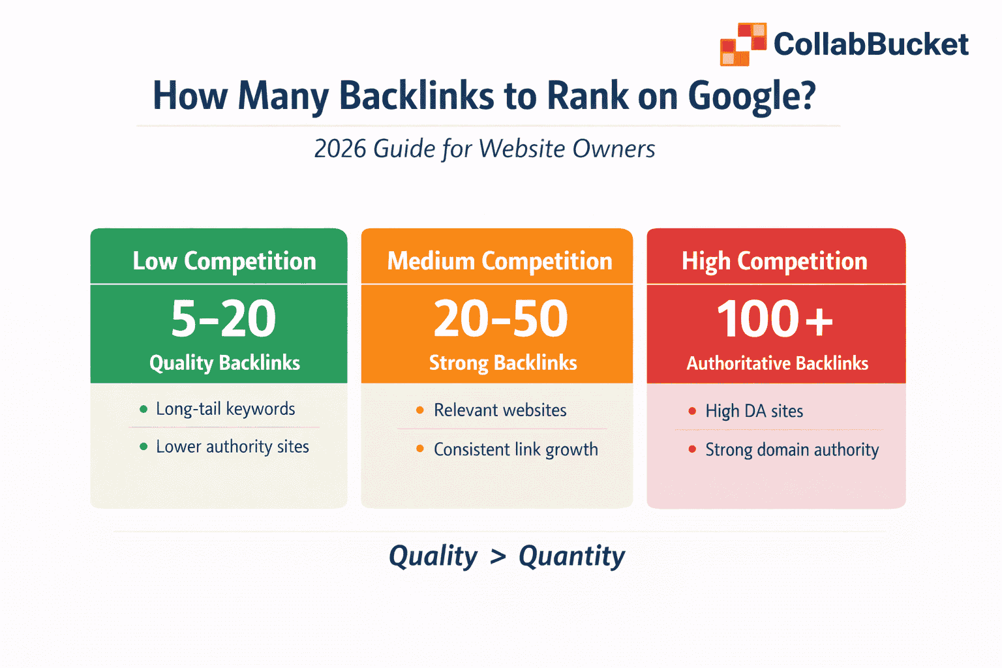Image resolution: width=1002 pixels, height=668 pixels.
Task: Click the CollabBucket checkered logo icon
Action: click(743, 44)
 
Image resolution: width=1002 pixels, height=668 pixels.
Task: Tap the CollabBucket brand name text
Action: click(871, 44)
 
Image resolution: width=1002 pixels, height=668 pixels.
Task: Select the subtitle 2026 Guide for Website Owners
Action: click(484, 149)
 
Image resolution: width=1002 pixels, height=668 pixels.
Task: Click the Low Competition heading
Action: click(224, 261)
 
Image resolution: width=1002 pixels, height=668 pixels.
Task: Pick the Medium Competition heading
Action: click(500, 261)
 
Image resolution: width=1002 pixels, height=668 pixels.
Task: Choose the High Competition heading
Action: click(774, 261)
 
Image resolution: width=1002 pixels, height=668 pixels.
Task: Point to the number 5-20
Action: click(224, 319)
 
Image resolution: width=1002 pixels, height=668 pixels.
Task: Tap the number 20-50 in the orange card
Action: click(500, 319)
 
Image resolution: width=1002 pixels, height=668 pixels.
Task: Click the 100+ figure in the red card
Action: click(774, 319)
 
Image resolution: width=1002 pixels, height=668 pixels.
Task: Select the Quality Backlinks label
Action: click(224, 363)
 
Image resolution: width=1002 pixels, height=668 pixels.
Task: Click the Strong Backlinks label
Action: click(502, 363)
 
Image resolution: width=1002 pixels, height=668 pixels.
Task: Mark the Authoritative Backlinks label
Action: click(777, 363)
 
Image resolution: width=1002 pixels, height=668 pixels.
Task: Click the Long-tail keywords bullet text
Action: click(225, 409)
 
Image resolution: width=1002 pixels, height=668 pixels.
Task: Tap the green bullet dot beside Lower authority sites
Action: click(144, 447)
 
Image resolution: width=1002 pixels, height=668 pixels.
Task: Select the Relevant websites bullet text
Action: click(500, 410)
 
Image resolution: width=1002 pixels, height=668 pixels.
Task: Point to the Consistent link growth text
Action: click(515, 449)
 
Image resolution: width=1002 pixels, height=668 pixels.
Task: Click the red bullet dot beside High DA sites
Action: click(692, 411)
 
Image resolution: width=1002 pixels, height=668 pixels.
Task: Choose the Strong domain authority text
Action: click(791, 450)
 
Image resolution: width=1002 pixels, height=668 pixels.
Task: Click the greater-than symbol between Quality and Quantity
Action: click(498, 556)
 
